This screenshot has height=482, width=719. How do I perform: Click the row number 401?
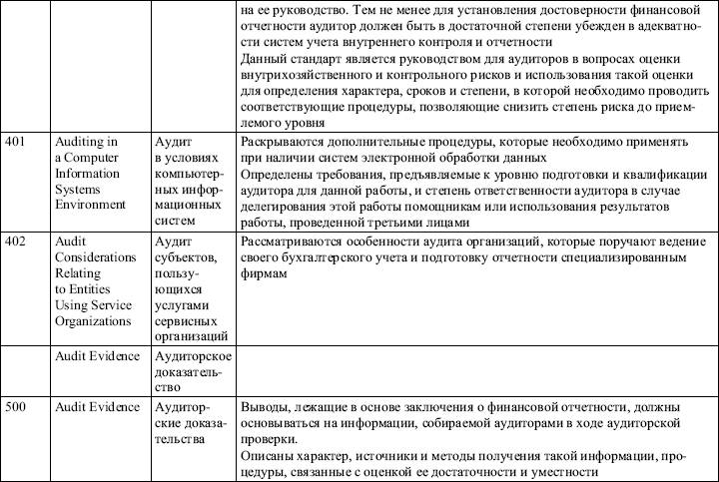click(x=15, y=143)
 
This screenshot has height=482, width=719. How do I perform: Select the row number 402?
click(x=15, y=242)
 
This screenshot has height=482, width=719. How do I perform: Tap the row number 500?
click(x=15, y=408)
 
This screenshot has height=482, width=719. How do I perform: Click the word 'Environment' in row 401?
click(x=91, y=205)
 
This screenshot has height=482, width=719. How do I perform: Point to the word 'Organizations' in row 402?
click(x=94, y=321)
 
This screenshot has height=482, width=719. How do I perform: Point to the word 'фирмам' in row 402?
click(x=266, y=274)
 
